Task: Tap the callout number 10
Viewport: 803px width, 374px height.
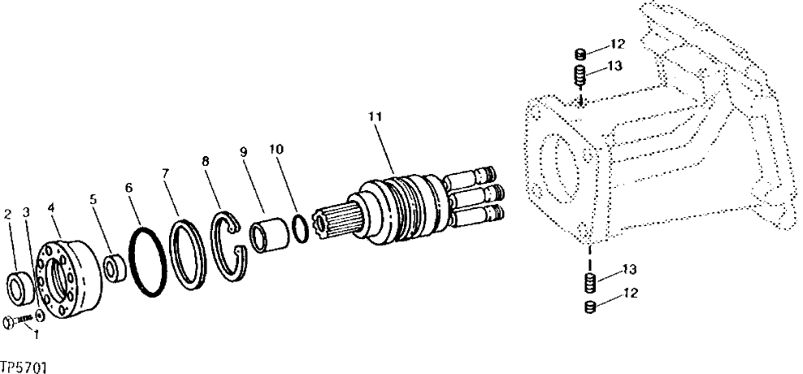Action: [x=276, y=150]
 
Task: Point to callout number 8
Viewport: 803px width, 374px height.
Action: [x=205, y=162]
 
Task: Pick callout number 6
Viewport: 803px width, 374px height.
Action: [x=128, y=186]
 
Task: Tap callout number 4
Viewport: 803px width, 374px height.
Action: [x=52, y=208]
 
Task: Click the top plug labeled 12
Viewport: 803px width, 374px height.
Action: [x=580, y=54]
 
